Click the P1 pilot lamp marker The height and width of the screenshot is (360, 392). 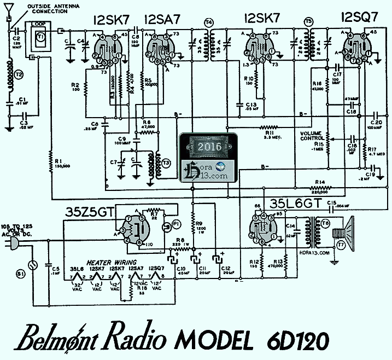[x=176, y=224]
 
